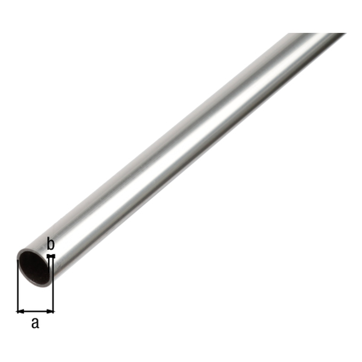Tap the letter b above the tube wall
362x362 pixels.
pos(51,244)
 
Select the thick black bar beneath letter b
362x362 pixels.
pos(51,256)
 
